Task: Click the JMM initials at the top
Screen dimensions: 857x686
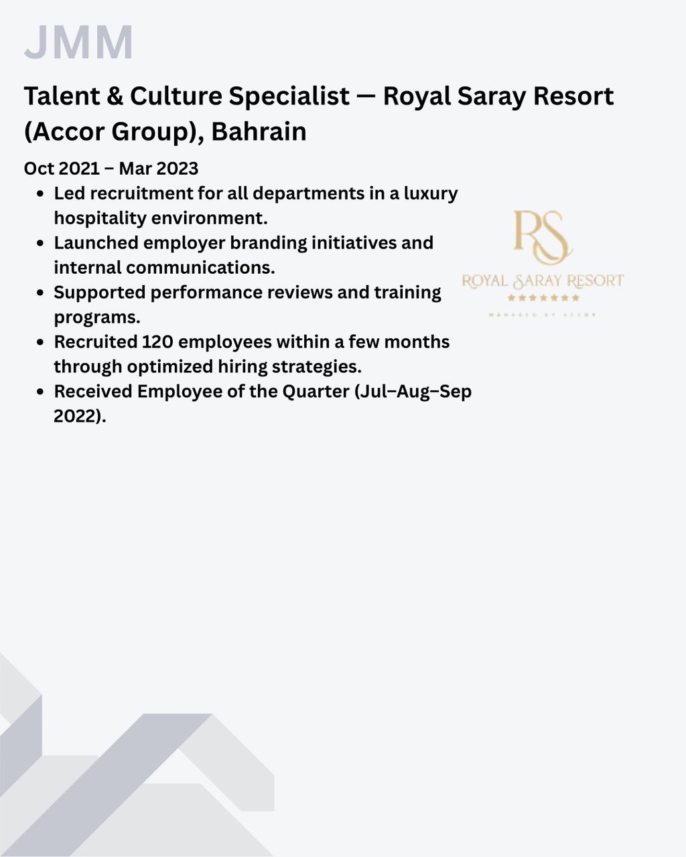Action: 78,42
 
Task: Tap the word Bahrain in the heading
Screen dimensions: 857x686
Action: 259,132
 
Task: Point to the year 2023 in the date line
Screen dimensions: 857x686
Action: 178,168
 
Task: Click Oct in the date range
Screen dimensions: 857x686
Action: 39,168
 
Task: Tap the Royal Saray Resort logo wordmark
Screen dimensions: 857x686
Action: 543,281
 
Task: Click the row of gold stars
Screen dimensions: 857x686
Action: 543,298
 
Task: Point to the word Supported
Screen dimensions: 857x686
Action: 99,293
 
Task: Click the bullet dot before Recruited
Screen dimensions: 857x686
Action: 40,343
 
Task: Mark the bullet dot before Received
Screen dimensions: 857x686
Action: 40,392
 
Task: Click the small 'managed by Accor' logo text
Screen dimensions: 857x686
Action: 543,314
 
